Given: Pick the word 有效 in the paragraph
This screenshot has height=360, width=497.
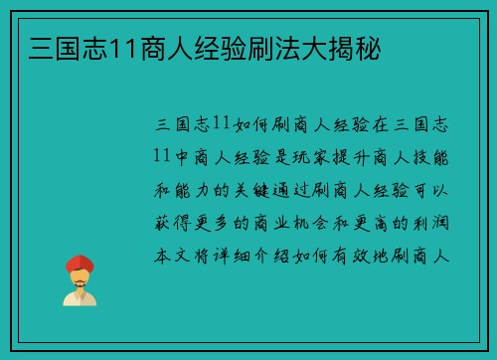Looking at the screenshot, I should [x=378, y=254].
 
